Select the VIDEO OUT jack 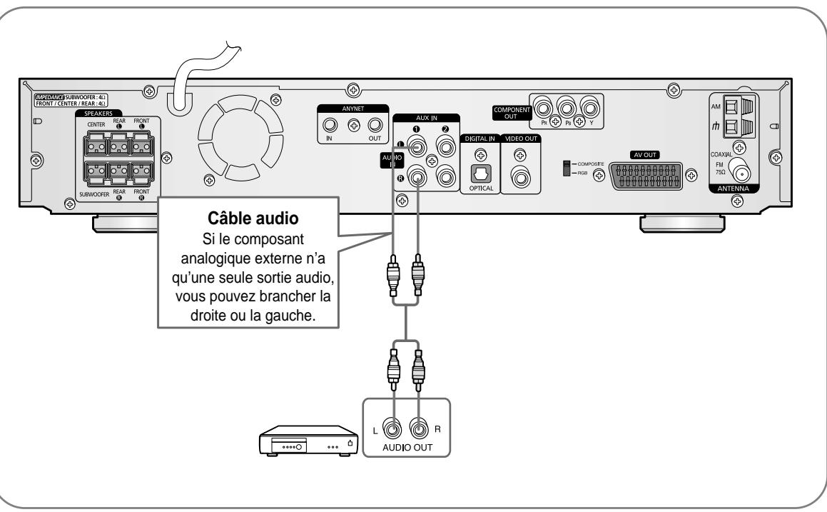[519, 176]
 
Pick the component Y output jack [590, 109]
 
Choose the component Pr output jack [546, 109]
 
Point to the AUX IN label [426, 118]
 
